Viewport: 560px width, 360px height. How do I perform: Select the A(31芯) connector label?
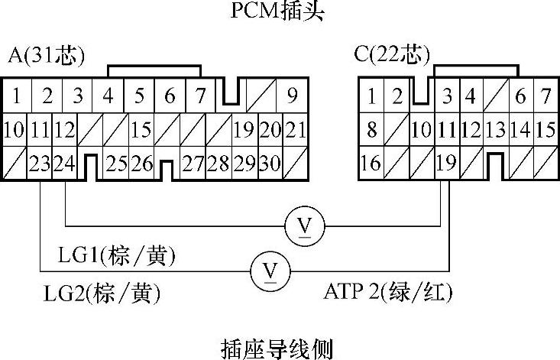click(x=46, y=57)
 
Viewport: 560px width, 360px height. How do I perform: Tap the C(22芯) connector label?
click(x=392, y=57)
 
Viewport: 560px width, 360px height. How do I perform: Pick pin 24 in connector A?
click(x=66, y=162)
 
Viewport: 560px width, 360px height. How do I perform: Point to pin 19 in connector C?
click(x=447, y=162)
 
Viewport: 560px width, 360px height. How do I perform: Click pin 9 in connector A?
click(x=292, y=97)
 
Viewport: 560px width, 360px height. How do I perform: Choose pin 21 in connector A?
click(x=296, y=129)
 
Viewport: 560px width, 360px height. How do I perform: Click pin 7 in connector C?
click(x=544, y=97)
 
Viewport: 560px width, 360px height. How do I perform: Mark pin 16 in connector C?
click(x=371, y=162)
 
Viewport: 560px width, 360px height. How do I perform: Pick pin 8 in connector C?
click(x=371, y=129)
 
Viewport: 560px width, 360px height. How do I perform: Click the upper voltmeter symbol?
click(x=304, y=225)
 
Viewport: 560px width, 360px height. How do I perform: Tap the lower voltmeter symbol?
click(x=269, y=271)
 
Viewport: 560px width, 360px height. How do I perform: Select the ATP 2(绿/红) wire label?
click(x=388, y=291)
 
